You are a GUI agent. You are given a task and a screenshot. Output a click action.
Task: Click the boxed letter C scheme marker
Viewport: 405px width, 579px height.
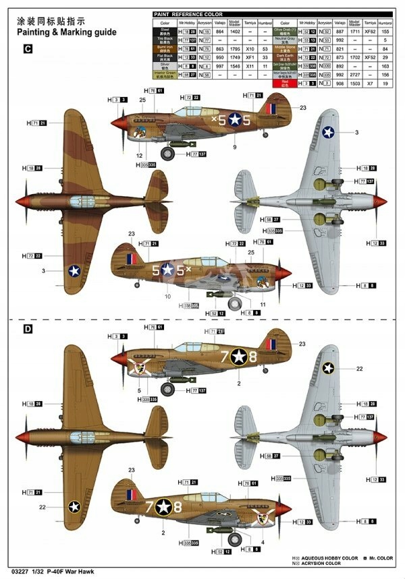[28, 49]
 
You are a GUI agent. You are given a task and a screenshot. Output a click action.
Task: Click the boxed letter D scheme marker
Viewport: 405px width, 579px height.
[28, 330]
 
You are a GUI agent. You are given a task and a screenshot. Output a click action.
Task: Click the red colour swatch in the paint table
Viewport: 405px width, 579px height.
[283, 83]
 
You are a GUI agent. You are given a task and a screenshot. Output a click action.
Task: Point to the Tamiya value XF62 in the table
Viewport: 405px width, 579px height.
[369, 31]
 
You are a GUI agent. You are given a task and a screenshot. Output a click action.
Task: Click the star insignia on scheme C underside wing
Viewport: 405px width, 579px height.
[329, 132]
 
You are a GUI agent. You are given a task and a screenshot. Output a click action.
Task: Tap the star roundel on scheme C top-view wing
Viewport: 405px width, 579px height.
[74, 270]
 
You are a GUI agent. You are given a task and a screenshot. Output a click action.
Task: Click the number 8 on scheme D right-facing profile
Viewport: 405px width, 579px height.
[178, 506]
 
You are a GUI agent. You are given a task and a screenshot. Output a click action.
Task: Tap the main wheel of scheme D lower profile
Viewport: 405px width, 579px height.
[234, 539]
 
